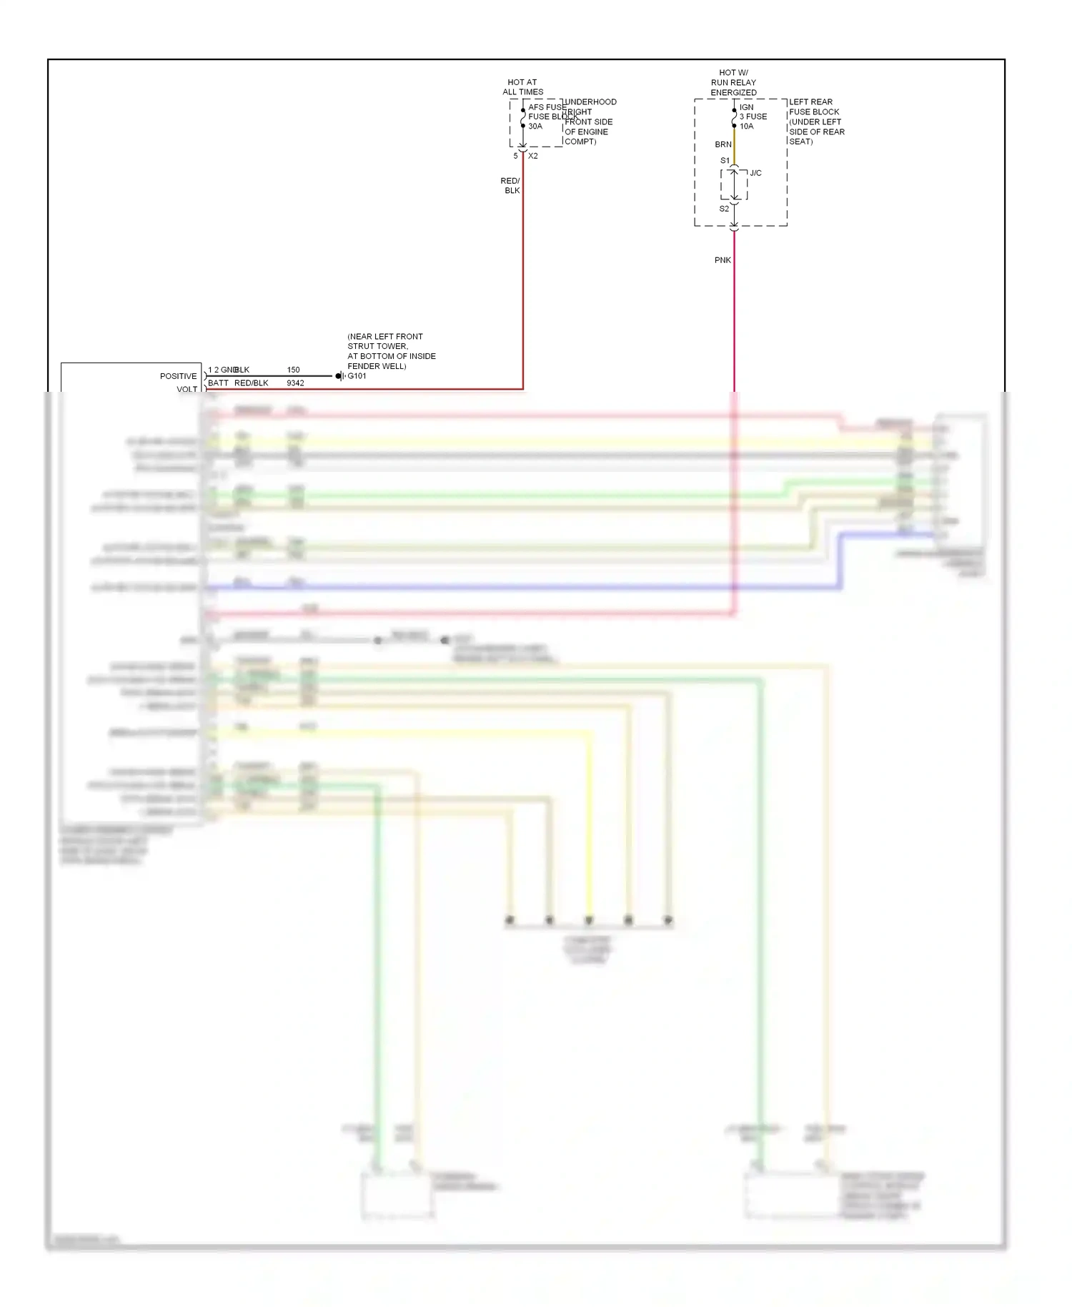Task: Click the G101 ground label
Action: tap(357, 376)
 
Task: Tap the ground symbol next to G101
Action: tap(340, 376)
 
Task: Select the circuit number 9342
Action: tap(295, 383)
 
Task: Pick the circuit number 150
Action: tap(293, 370)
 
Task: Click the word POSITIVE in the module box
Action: tap(178, 376)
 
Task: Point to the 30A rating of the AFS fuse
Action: tap(535, 127)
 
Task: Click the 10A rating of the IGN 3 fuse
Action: tap(746, 127)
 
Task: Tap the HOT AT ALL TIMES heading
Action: tap(522, 87)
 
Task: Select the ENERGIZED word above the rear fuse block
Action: tap(733, 93)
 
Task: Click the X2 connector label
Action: tap(533, 156)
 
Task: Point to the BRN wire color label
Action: tap(723, 144)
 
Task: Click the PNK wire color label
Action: tap(723, 260)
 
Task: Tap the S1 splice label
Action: tap(725, 161)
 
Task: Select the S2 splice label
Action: tap(724, 209)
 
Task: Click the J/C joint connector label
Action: tap(755, 173)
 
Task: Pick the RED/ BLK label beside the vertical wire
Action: tap(511, 186)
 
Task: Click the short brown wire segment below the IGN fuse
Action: tap(734, 147)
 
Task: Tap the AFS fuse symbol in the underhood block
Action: tap(523, 118)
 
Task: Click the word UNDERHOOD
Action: tap(590, 102)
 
